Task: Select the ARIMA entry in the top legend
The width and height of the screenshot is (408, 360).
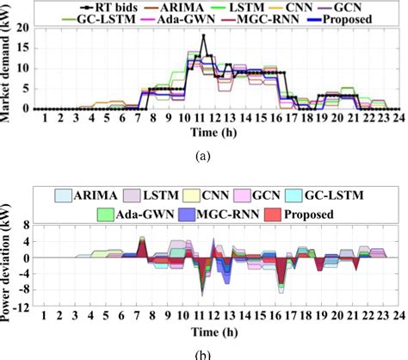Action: coord(177,6)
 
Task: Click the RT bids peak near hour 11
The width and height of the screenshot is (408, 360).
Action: coord(203,35)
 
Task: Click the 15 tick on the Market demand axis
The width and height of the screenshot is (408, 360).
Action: coord(27,48)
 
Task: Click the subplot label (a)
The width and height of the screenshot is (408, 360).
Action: coord(203,156)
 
